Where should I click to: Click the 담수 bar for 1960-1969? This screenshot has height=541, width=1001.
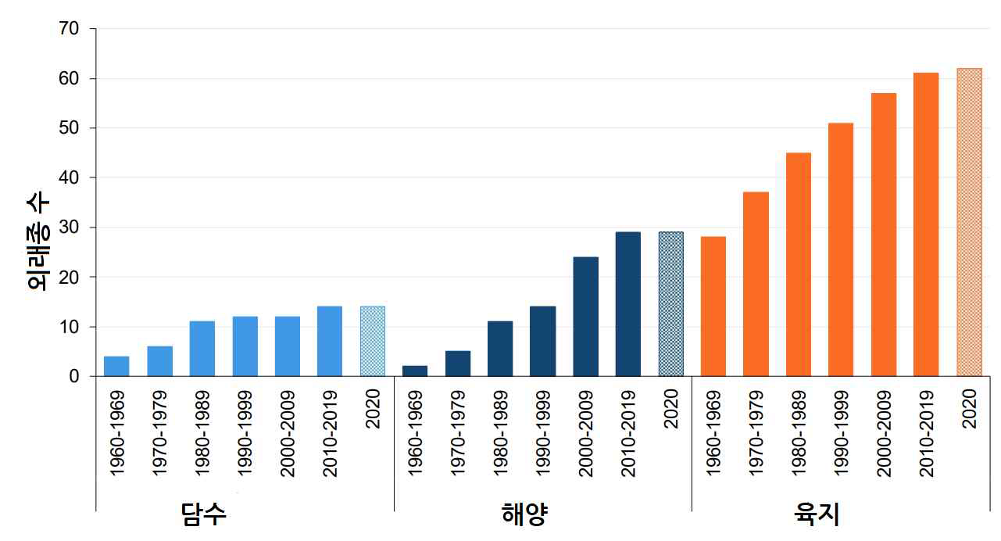point(116,366)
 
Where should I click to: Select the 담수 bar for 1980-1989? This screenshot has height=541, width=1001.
point(202,349)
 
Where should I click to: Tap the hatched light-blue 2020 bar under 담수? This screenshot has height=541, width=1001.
point(373,341)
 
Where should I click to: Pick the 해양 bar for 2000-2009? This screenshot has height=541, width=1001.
point(585,317)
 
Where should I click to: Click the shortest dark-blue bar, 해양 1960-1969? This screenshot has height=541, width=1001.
point(415,371)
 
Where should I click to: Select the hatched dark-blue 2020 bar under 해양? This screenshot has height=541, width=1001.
point(671,304)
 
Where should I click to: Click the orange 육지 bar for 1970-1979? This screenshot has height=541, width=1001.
point(756,284)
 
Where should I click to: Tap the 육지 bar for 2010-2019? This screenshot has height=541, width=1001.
point(926,224)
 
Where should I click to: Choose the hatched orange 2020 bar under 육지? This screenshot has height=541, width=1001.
point(969,222)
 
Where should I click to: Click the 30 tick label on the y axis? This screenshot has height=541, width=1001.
point(68,228)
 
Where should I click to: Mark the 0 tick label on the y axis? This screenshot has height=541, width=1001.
point(74,377)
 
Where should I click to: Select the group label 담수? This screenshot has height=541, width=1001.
point(204,514)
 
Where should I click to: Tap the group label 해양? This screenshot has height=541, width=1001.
point(524,514)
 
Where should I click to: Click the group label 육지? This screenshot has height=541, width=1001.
point(817,514)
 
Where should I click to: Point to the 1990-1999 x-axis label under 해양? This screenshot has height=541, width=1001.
point(543,433)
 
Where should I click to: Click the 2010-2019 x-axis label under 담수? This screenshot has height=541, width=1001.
point(330,433)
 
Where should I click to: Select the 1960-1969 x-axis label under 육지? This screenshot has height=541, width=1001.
point(713,433)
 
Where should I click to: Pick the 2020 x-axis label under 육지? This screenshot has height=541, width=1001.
point(969,409)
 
